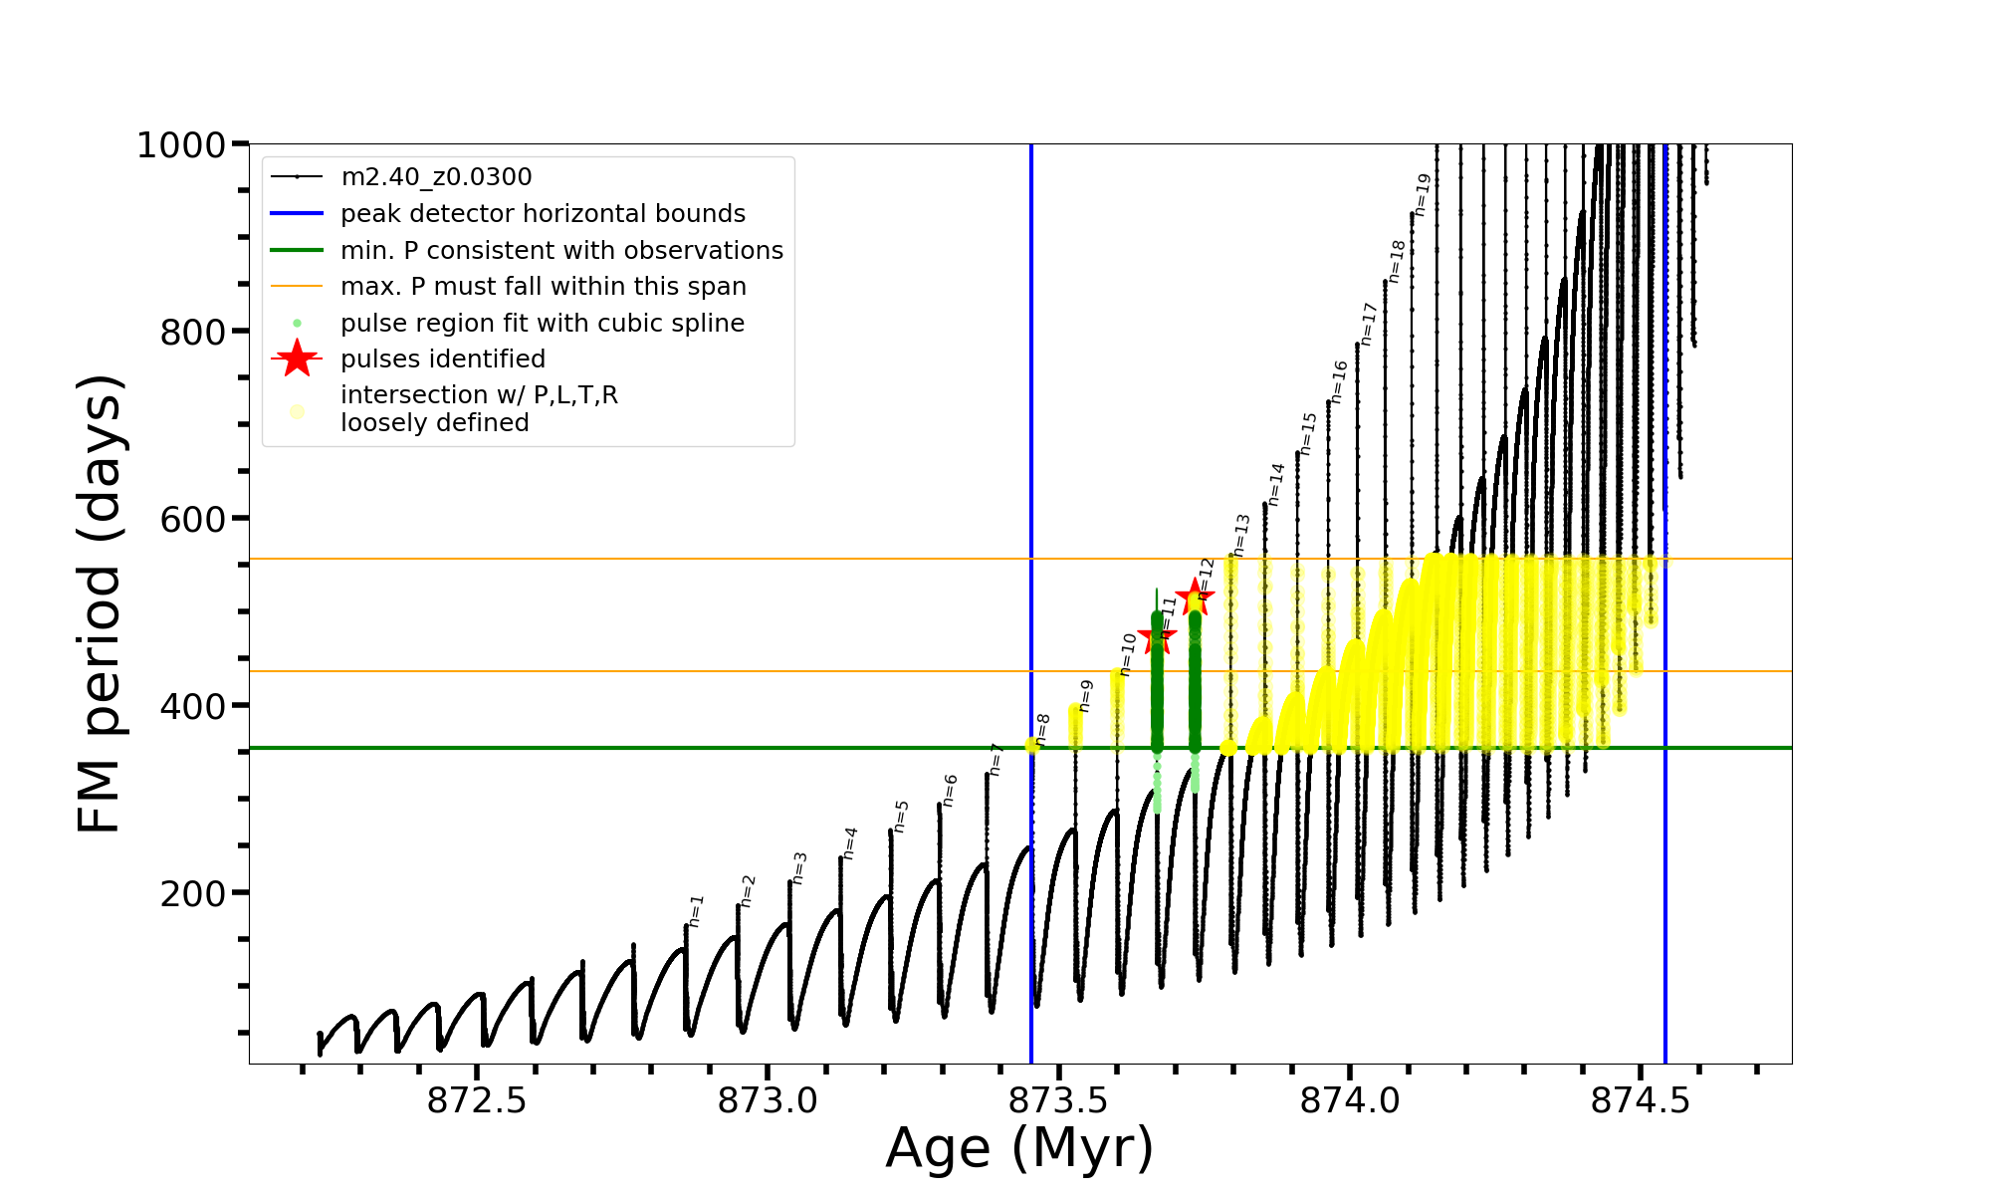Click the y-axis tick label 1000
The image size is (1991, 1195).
point(181,145)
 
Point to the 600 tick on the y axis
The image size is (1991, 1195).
point(193,519)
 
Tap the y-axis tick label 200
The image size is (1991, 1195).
point(193,893)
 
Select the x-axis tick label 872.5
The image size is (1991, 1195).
point(477,1100)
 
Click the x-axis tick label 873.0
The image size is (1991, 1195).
point(768,1100)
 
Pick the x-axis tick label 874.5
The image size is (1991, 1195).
point(1641,1100)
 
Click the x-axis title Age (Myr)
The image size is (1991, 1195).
point(1019,1148)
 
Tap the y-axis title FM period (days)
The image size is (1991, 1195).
point(100,603)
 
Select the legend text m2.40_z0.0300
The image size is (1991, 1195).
point(436,177)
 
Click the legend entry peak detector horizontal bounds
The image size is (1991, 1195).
point(543,214)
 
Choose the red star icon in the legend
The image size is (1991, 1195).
point(297,358)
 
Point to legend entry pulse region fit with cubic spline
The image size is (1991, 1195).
point(542,324)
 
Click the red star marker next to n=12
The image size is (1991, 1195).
point(1195,597)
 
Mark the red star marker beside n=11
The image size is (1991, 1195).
point(1157,635)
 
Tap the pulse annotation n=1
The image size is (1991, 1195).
point(696,910)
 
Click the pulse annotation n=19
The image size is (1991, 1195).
point(1423,194)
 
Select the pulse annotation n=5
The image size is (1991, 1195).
point(901,816)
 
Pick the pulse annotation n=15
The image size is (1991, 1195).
point(1308,433)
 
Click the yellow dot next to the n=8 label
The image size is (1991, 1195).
point(1032,746)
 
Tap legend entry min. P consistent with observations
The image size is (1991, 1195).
point(561,251)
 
